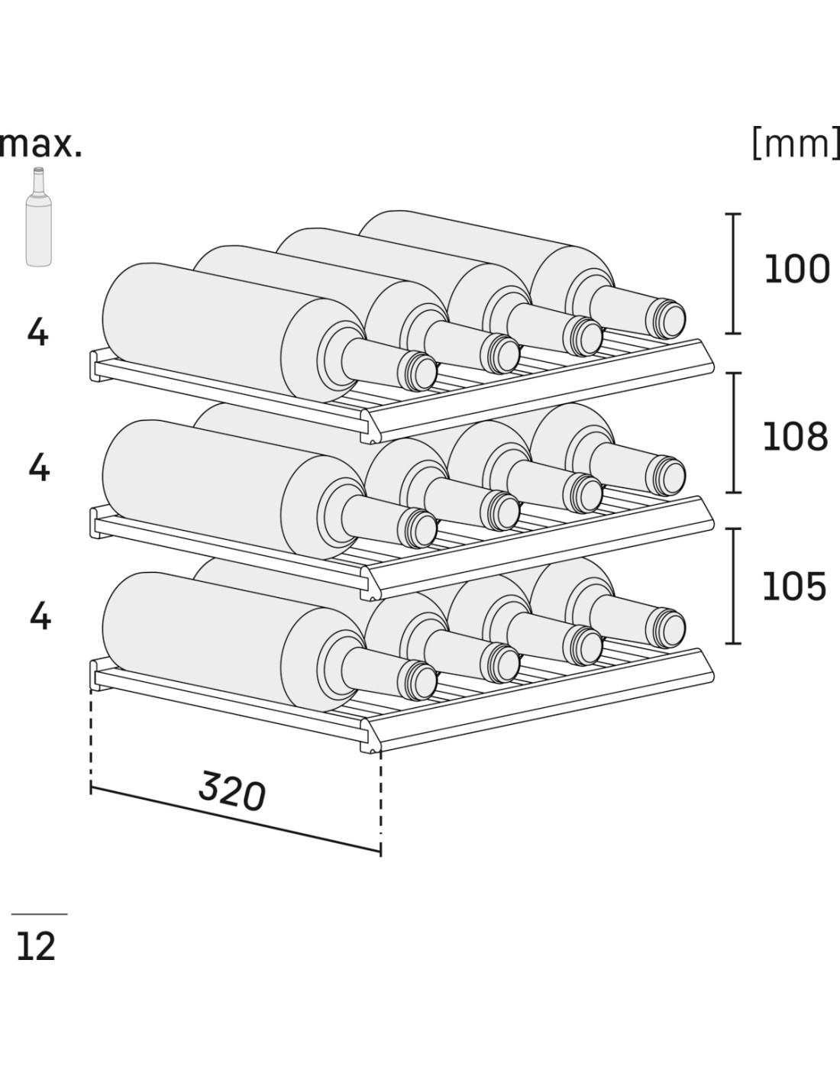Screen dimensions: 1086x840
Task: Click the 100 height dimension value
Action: coord(796,270)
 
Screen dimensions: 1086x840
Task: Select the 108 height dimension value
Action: coord(795,436)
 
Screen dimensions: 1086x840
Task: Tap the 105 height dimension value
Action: coord(794,586)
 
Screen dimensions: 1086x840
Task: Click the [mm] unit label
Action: coord(795,144)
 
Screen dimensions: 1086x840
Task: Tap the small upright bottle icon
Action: coord(38,218)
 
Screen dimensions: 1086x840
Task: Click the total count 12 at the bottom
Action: coord(36,947)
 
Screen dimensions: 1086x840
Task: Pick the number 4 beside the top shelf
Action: coord(37,332)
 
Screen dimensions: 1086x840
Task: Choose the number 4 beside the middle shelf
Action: coord(38,467)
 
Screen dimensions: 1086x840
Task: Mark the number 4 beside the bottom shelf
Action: coord(40,616)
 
